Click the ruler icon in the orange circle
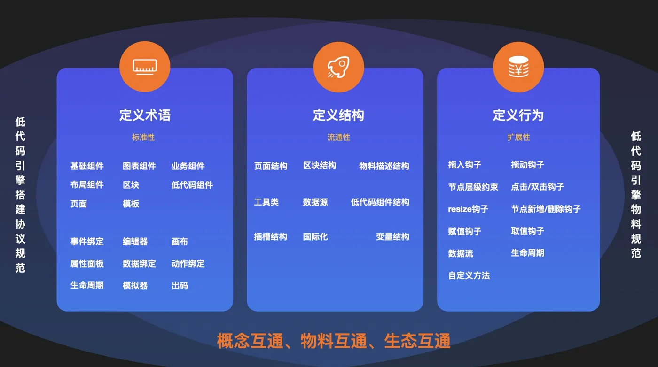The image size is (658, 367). [x=145, y=67]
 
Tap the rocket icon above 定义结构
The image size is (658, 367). [x=338, y=67]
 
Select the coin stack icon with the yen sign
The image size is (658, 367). [x=518, y=67]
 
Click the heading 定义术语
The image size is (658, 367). [x=145, y=115]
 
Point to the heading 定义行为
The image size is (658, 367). [x=518, y=115]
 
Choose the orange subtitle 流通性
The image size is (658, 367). [x=339, y=138]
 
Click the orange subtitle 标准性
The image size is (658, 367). [x=143, y=138]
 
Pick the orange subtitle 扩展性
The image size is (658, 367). [x=518, y=138]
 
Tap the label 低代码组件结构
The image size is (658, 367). [x=380, y=202]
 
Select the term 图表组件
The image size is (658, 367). [x=139, y=166]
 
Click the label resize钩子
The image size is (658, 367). [x=468, y=209]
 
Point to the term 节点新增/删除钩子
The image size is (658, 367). [x=546, y=209]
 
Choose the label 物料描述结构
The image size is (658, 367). [x=384, y=166]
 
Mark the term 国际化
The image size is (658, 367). [x=315, y=237]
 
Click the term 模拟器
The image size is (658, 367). [x=135, y=285]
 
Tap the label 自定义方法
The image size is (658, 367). [x=469, y=275]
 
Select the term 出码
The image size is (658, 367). [x=180, y=285]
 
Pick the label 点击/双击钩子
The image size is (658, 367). [x=537, y=187]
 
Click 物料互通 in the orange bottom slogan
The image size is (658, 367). [x=334, y=341]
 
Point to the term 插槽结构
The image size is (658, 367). [x=270, y=237]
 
